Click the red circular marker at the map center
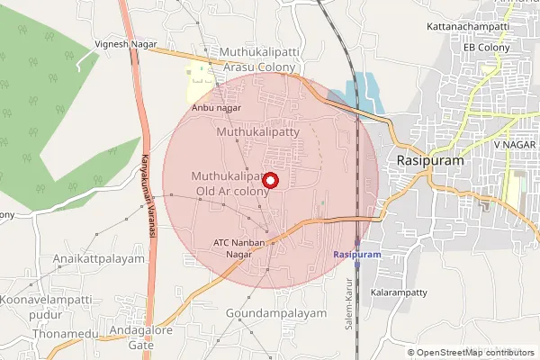point(270,180)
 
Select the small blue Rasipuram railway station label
point(357,256)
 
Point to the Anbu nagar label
point(217,108)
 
